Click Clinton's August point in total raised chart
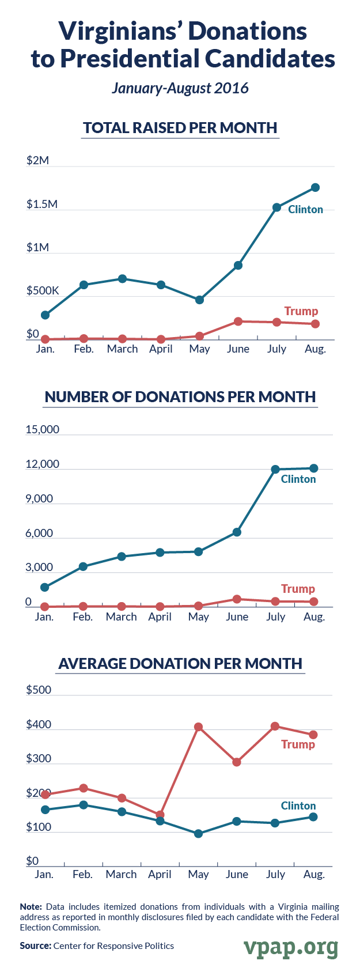click(x=315, y=187)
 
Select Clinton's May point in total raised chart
click(x=199, y=300)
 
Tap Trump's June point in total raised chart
click(x=238, y=321)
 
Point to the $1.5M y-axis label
click(x=42, y=204)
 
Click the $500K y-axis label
click(x=43, y=290)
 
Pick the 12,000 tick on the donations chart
click(x=43, y=464)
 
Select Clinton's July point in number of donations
click(x=275, y=469)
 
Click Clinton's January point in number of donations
click(x=44, y=587)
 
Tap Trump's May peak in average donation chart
click(x=198, y=727)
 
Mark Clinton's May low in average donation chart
click(x=198, y=833)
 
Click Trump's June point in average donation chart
click(x=237, y=762)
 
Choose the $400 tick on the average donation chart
click(x=39, y=725)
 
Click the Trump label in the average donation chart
click(x=298, y=744)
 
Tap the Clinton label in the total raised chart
click(x=305, y=209)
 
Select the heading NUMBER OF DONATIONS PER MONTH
click(x=180, y=397)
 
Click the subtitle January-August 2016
click(x=180, y=88)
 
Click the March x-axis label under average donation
click(x=121, y=874)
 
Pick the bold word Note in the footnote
click(x=31, y=906)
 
